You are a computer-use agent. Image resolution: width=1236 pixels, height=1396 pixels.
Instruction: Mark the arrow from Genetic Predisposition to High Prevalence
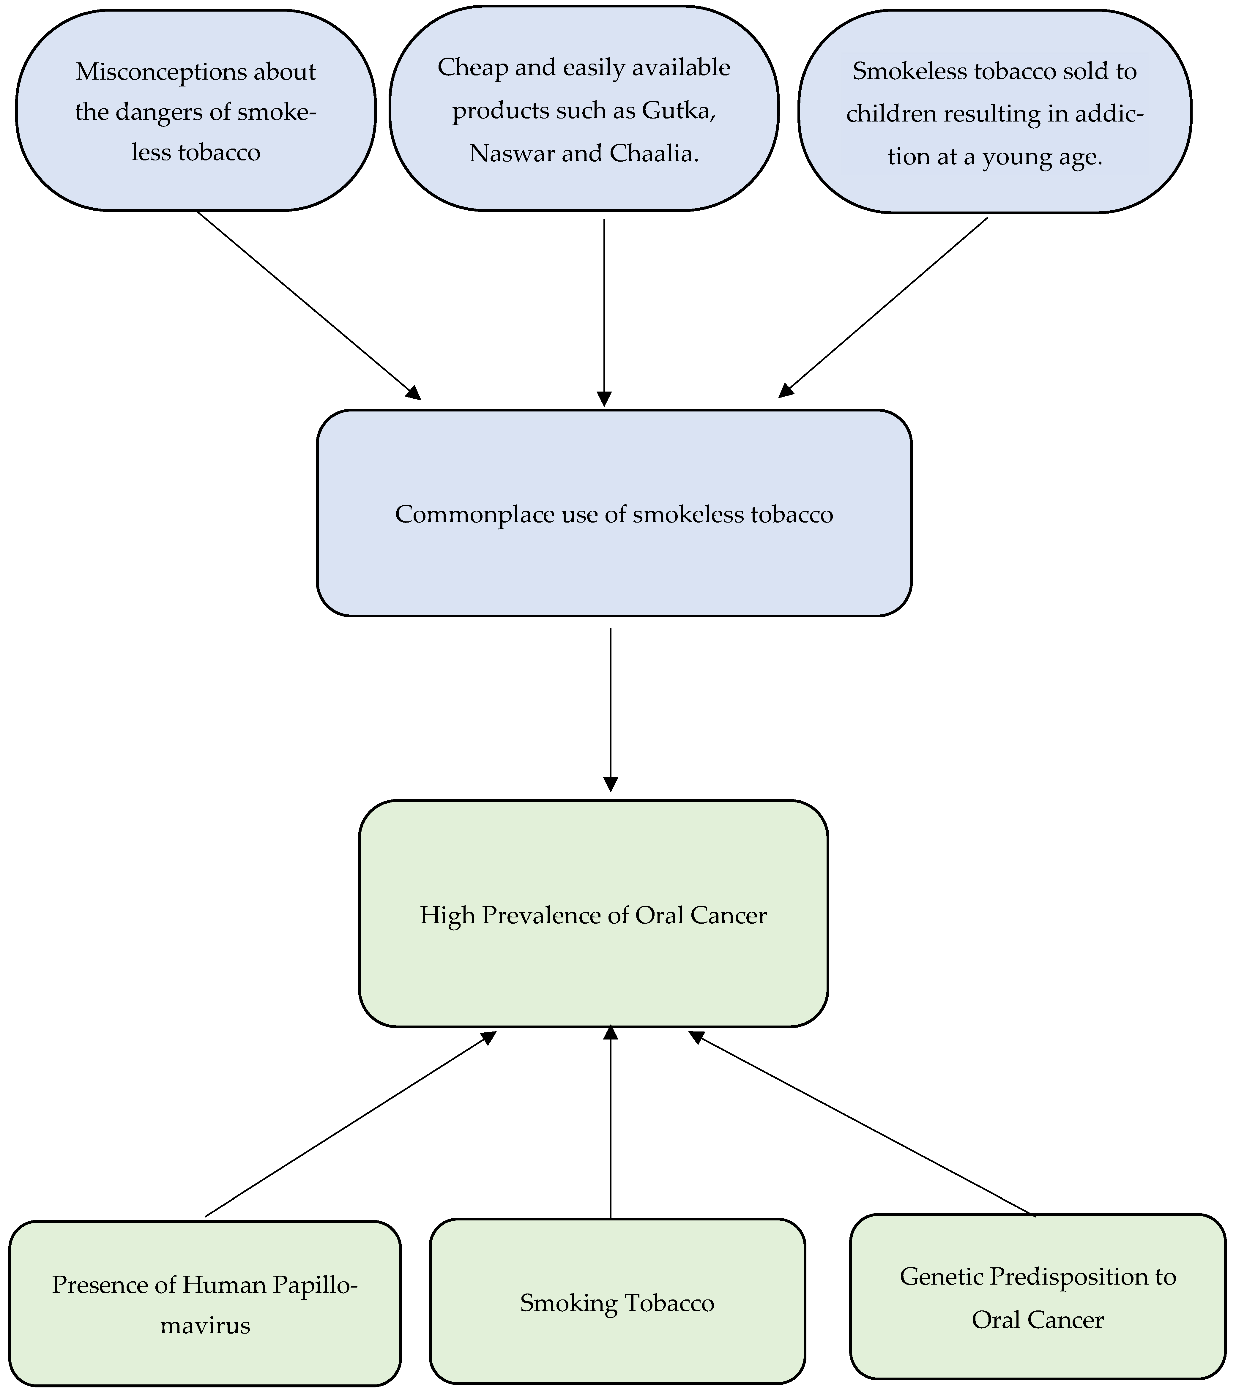[x=860, y=1124]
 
